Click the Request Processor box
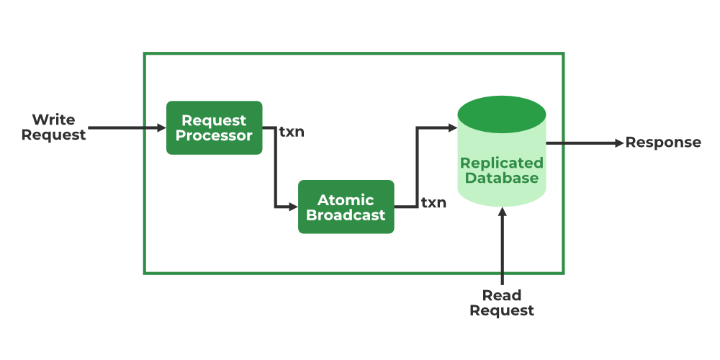(x=214, y=127)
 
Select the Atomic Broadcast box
(x=346, y=207)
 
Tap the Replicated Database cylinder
(x=501, y=151)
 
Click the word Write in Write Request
(x=53, y=120)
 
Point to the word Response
(x=663, y=143)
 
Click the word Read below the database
(x=501, y=294)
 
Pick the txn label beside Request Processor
(x=292, y=132)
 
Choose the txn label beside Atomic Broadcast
(x=433, y=202)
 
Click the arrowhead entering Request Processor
(x=161, y=127)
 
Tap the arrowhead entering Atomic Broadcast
(x=294, y=207)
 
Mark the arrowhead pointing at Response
(x=620, y=143)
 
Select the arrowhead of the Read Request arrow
(x=503, y=212)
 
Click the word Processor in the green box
(x=214, y=136)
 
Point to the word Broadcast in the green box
(x=346, y=215)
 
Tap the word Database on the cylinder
(x=501, y=178)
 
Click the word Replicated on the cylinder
(x=501, y=163)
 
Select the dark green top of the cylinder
(x=501, y=114)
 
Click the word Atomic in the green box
(x=346, y=200)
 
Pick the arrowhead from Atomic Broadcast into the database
(x=452, y=127)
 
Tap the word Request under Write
(x=53, y=135)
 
